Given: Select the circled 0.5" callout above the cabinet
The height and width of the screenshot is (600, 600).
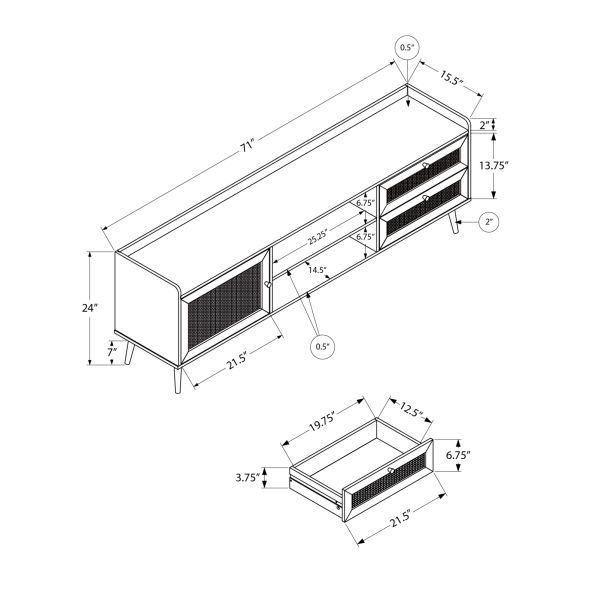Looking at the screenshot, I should (x=407, y=47).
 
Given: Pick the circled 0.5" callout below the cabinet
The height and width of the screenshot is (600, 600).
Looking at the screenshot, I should (x=322, y=347).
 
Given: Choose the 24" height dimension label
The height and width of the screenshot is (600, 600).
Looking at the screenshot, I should (x=91, y=308).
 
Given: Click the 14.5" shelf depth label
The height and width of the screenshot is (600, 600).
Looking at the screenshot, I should (x=318, y=270).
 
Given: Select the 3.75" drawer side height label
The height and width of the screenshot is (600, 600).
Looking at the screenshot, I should (x=248, y=478).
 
